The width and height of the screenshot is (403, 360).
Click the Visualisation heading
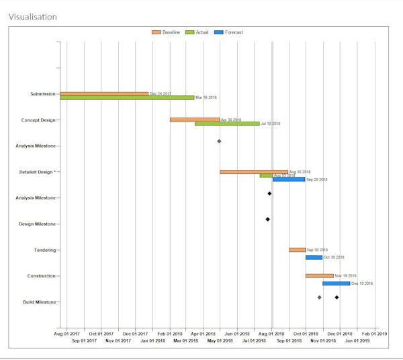click(32, 16)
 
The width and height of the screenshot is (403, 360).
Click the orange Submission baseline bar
click(104, 93)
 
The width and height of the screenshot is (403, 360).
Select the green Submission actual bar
click(127, 98)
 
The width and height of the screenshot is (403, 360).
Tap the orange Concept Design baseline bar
click(195, 120)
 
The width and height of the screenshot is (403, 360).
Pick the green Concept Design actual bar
click(227, 124)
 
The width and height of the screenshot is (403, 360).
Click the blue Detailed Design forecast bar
click(289, 179)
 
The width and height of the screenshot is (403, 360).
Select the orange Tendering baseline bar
click(297, 250)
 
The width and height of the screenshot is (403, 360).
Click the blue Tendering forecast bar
click(314, 257)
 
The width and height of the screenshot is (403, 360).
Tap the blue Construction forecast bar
click(336, 283)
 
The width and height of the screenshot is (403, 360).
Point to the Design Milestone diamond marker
click(267, 220)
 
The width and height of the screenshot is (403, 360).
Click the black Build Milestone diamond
click(337, 298)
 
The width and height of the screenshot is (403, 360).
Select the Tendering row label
click(45, 250)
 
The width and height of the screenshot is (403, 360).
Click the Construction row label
click(42, 276)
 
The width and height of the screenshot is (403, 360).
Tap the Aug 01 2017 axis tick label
click(66, 333)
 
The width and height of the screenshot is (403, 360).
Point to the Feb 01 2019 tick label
click(374, 333)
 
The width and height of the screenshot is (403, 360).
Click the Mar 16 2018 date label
click(206, 98)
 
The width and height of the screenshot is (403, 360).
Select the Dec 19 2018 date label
click(362, 283)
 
